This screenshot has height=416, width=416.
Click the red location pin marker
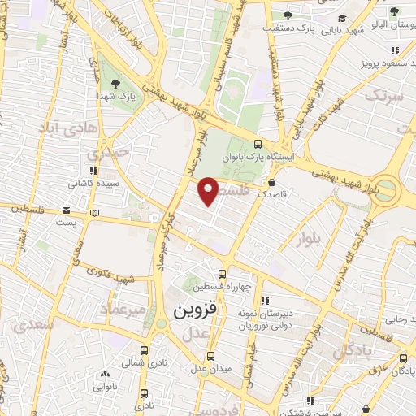coord(209,190)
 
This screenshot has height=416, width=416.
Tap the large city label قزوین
coord(197,310)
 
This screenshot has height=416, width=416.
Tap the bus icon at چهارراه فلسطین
coord(223,273)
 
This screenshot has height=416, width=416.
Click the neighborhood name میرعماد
coord(122,309)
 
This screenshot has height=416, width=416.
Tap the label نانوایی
coord(102,388)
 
